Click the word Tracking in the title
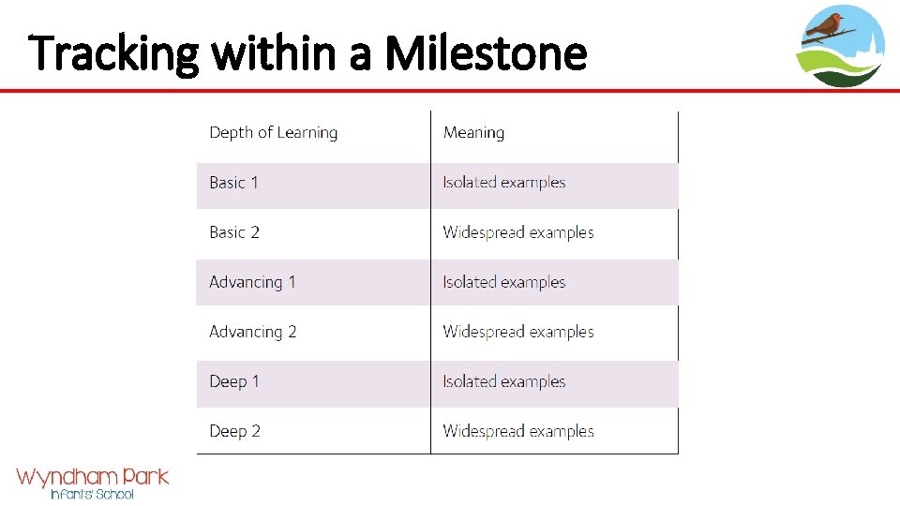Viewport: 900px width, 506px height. coord(113,54)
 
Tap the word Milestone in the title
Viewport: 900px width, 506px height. coord(486,54)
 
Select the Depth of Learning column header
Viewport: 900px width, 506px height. coord(273,133)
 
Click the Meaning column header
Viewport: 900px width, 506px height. coord(473,133)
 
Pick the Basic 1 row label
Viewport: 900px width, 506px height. coord(233,183)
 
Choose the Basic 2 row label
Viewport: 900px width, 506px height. coord(234,232)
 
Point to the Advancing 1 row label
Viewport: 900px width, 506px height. coord(252,282)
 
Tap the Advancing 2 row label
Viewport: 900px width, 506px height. coord(253,332)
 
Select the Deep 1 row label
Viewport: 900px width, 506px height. coord(234,381)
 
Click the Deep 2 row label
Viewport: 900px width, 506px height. coord(234,431)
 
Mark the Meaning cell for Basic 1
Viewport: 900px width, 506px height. coord(504,183)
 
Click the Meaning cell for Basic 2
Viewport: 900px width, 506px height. coord(518,232)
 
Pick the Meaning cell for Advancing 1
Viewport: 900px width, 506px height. coord(504,282)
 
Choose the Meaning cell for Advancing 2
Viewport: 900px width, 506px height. coord(518,332)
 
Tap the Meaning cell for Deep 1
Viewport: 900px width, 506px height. coord(504,381)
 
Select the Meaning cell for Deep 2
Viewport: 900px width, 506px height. coord(518,431)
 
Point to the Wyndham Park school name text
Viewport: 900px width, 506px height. coord(92,477)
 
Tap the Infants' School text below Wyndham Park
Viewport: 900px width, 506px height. coord(92,494)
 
